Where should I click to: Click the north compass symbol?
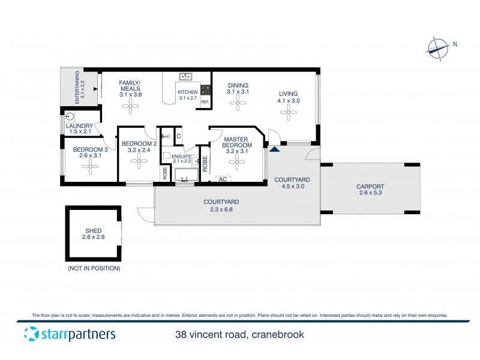pos(439,47)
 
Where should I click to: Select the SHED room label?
pos(93,230)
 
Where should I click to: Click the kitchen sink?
pos(186,76)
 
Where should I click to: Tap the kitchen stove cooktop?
pos(206,90)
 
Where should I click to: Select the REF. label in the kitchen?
pos(205,102)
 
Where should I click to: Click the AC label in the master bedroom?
pos(223,179)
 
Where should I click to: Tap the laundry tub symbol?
pos(70,116)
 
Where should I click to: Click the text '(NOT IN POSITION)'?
pos(94,268)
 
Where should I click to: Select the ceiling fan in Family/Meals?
pos(130,106)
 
